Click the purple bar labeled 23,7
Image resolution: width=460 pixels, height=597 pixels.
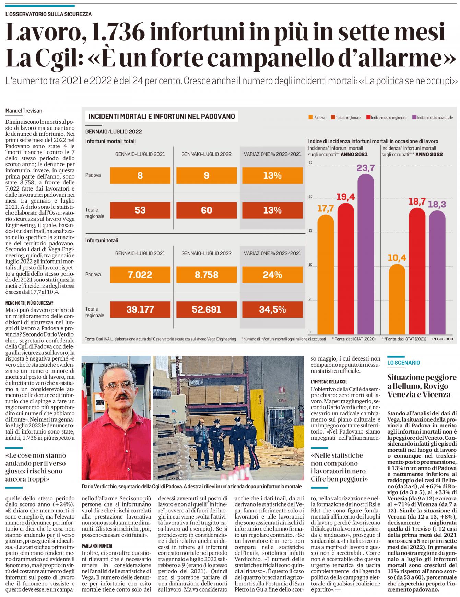[366, 254]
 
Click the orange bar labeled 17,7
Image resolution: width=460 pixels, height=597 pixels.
[326, 274]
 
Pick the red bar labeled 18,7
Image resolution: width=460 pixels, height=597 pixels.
[417, 271]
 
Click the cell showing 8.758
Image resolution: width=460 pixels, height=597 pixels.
[207, 275]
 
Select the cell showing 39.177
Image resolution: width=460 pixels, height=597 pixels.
[140, 309]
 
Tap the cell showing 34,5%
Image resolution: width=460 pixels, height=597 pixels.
[273, 309]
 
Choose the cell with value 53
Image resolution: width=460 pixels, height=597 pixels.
[140, 210]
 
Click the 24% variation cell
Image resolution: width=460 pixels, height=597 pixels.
[273, 275]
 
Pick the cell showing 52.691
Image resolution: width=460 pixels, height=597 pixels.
[207, 309]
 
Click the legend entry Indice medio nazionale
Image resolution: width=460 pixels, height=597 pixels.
[433, 117]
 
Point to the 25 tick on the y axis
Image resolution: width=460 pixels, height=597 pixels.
[310, 162]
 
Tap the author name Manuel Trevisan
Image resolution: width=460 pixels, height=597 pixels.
[24, 110]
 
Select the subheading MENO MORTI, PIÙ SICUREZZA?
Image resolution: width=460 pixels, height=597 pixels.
[29, 303]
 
